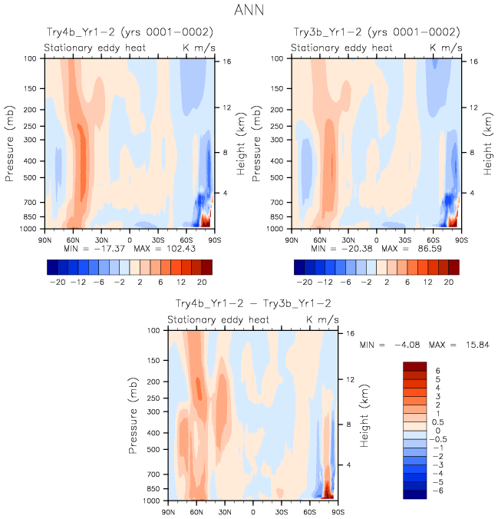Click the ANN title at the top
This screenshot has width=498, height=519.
249,11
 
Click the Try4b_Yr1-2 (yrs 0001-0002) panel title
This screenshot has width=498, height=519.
128,32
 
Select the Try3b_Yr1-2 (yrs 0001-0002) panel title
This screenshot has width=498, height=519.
377,32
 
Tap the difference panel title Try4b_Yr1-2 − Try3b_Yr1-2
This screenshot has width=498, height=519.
253,304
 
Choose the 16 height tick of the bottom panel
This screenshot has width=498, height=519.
349,334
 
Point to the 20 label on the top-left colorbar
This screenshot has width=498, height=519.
204,282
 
